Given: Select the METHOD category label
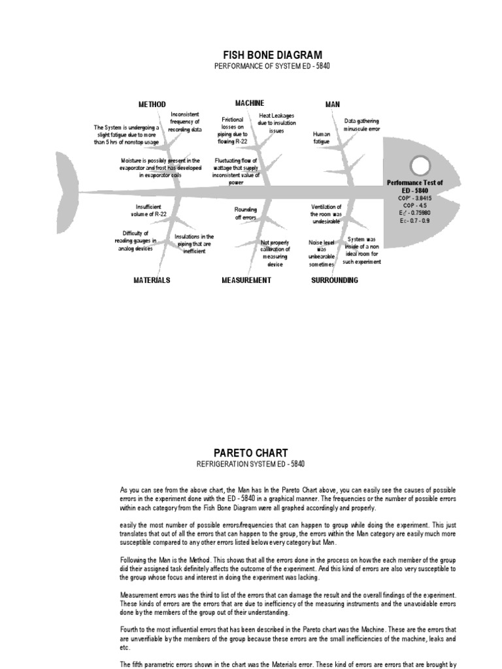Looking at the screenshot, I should point(152,105).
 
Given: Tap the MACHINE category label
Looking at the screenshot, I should point(250,103).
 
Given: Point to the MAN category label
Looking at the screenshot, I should point(333,105).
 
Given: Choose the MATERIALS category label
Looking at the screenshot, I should point(152,280).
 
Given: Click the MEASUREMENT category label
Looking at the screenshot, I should point(246,280).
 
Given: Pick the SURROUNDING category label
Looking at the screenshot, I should point(335,280).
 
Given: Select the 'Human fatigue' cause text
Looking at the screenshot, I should point(322,137).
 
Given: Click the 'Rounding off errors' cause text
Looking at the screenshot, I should point(246,213).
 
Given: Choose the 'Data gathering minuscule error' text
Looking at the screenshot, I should point(361,125).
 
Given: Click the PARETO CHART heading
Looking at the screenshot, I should point(250,453).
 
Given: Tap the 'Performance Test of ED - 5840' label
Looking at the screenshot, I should point(414,186).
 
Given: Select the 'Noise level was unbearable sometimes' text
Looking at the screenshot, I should point(322,253).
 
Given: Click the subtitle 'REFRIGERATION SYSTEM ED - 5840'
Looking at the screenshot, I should point(250,464).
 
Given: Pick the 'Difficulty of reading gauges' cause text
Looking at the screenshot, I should point(136,240).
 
